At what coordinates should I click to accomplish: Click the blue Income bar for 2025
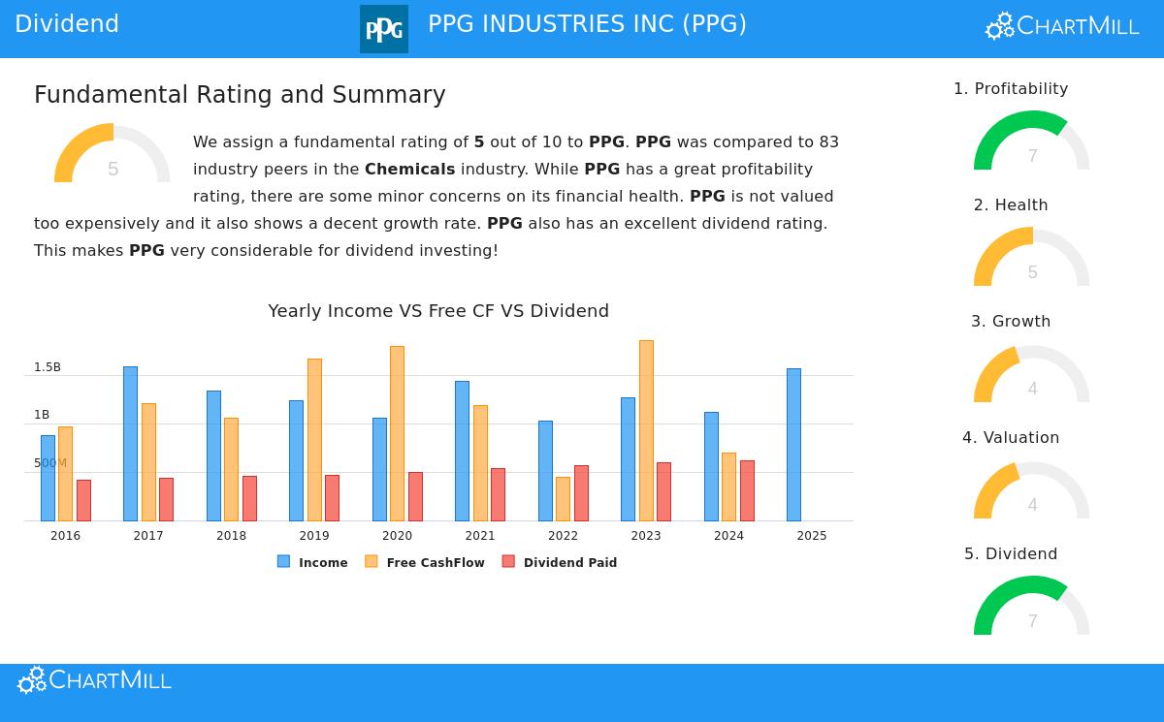pos(793,445)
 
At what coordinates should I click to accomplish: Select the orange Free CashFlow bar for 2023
pos(646,430)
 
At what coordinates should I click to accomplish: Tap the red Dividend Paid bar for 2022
pos(581,493)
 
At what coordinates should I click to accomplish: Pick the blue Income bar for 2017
pos(130,444)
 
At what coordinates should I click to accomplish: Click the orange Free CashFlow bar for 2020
pos(397,433)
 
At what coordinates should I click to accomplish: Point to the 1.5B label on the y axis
pos(48,367)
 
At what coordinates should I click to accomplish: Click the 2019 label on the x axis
pos(314,536)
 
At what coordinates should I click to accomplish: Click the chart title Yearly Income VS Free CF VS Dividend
pos(438,311)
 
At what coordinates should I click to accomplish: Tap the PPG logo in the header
pos(384,29)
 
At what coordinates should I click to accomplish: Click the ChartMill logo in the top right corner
pos(1062,26)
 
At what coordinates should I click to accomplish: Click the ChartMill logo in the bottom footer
pos(94,680)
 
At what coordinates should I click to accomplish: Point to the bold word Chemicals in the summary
pos(409,169)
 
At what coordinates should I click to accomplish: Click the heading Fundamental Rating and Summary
pos(240,95)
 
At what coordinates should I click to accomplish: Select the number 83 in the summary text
pos(828,141)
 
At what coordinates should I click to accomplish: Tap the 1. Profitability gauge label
pos(1011,89)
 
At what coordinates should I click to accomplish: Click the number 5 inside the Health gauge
pos(1032,272)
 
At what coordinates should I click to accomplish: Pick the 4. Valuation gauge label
pos(1011,438)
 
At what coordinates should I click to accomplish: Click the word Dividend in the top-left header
pos(67,24)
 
